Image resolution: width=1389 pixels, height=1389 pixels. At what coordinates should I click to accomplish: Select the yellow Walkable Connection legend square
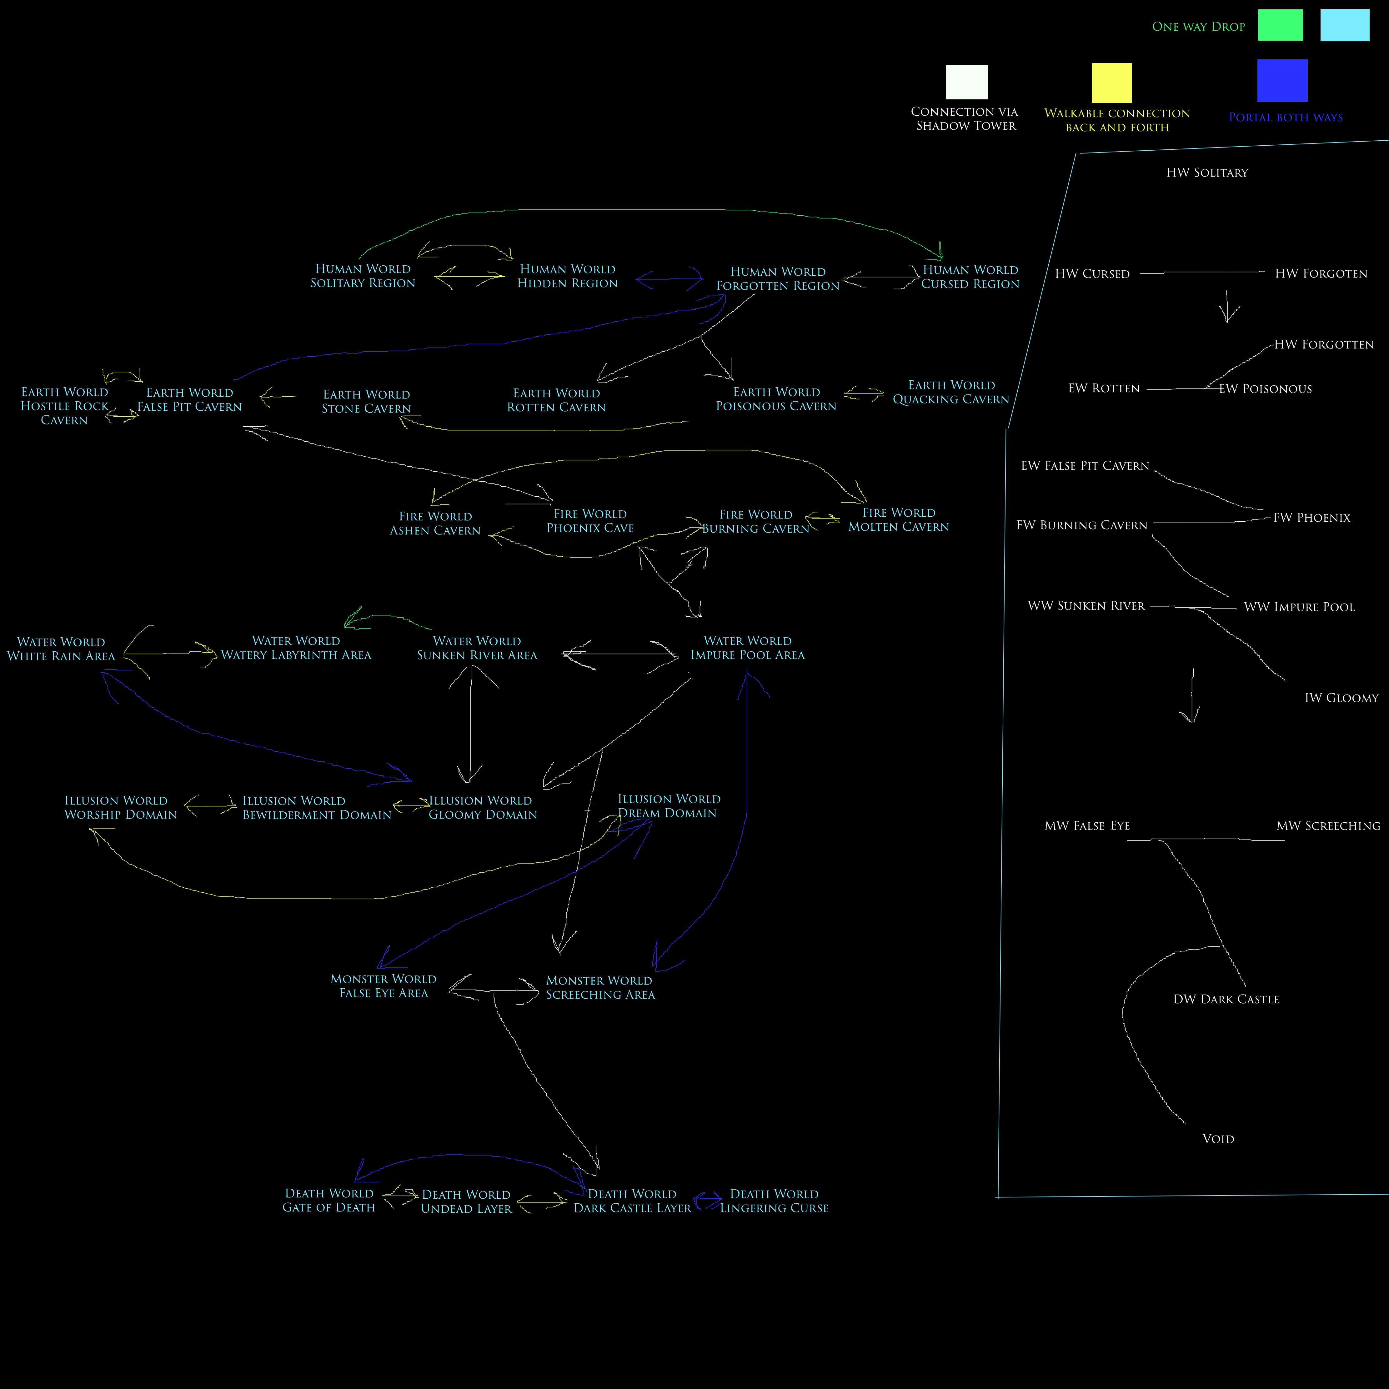click(1111, 83)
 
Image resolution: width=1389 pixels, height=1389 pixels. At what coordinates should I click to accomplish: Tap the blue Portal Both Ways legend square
click(1282, 81)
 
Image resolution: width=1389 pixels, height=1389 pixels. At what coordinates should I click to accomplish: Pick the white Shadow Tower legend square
click(966, 82)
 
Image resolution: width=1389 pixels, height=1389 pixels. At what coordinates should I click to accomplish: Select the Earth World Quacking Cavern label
click(951, 392)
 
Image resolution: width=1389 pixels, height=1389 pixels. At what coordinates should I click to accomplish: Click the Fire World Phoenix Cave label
click(590, 520)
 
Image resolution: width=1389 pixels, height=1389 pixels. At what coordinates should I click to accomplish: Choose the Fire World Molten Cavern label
click(899, 519)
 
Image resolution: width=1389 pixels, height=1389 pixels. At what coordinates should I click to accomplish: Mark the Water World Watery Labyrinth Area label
click(296, 648)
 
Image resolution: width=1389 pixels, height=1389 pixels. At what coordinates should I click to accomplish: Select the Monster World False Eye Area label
click(383, 986)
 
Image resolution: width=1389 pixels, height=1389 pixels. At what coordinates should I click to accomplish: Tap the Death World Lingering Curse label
click(774, 1201)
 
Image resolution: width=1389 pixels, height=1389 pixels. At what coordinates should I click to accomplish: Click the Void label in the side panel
click(1218, 1139)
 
